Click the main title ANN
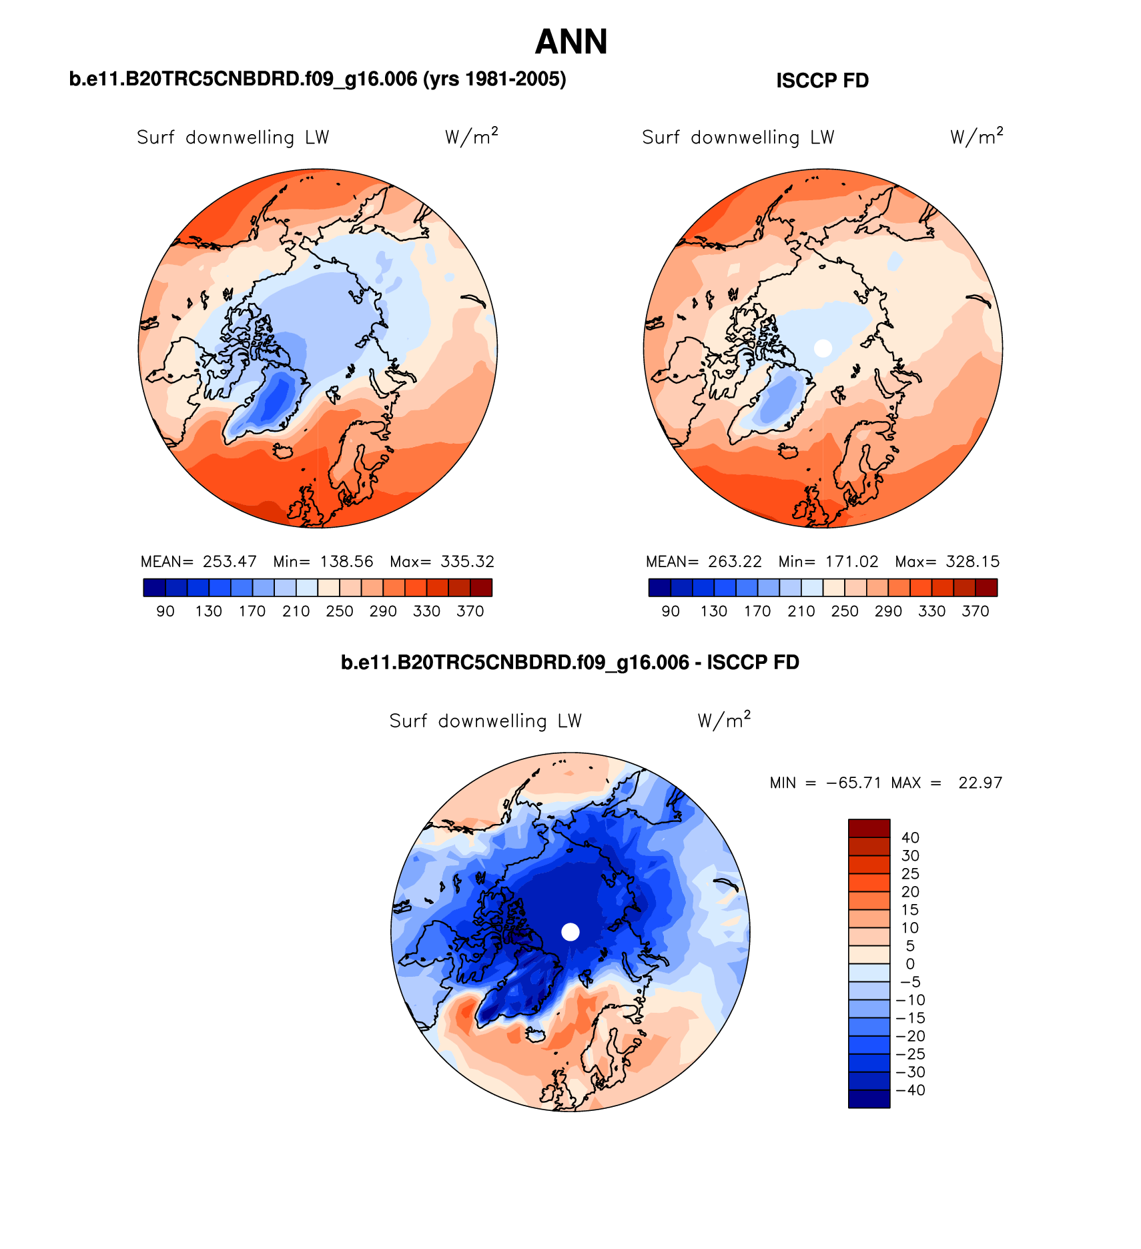click(571, 42)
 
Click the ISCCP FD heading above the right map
click(822, 81)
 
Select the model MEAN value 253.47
click(230, 562)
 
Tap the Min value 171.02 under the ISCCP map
click(851, 562)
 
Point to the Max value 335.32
click(467, 562)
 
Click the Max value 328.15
click(972, 562)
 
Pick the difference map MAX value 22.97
click(980, 783)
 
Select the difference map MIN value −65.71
click(853, 783)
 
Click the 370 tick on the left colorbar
click(470, 611)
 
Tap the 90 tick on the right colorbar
click(670, 611)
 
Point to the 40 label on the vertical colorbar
click(910, 838)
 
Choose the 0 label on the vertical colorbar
click(910, 964)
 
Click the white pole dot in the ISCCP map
click(823, 348)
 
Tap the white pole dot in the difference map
click(570, 931)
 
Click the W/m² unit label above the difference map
click(724, 720)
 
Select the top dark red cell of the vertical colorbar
click(869, 828)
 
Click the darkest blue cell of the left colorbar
click(153, 588)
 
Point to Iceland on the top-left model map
click(284, 452)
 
